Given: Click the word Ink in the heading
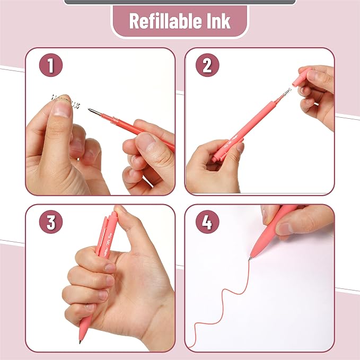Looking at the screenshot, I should click(x=218, y=21).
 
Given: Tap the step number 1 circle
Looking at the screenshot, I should click(x=50, y=66).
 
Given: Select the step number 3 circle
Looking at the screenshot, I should click(x=50, y=223).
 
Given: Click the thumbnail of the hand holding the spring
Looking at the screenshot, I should click(x=63, y=108).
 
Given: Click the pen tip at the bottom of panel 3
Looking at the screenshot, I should click(x=81, y=341).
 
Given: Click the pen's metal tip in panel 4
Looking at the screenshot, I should click(x=250, y=258).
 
